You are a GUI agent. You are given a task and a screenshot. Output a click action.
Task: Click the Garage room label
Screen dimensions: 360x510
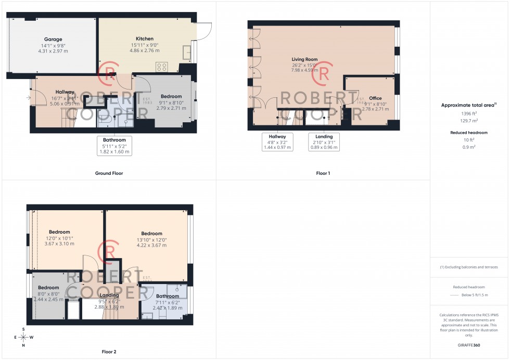[x=53, y=40]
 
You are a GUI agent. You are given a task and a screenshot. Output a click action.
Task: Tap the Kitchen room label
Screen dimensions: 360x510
[x=145, y=39]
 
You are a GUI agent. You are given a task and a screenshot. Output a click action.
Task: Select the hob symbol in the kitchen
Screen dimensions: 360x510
[x=162, y=67]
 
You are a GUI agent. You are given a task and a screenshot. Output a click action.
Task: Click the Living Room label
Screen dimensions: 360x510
[x=304, y=60]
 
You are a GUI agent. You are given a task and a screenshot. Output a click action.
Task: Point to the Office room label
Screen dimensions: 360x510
[x=375, y=98]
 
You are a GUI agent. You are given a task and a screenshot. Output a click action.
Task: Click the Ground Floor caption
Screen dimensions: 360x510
[x=109, y=173]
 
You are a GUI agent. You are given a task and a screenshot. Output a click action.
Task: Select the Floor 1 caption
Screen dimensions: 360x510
[x=323, y=173]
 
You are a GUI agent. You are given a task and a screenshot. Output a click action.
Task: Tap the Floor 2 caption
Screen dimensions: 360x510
[x=108, y=352]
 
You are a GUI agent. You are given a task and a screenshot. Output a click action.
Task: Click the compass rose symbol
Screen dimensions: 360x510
[x=23, y=338]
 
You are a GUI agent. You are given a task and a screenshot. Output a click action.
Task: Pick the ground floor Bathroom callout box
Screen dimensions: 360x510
[x=114, y=146]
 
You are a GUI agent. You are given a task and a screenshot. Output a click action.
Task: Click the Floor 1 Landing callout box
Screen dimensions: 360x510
[x=324, y=142]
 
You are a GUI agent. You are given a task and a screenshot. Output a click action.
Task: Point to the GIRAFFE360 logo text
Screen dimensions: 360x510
[x=469, y=344]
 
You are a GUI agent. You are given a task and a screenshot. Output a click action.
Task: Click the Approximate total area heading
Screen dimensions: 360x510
[x=468, y=105]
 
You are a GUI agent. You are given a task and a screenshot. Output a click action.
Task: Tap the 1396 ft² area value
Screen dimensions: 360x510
[x=469, y=113]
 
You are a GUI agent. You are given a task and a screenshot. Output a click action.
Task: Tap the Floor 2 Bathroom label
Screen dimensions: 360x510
[x=167, y=297]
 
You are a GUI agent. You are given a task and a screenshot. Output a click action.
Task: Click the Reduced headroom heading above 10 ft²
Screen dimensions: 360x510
[x=469, y=133]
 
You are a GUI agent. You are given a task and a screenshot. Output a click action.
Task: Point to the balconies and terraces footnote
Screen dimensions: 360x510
[x=469, y=267]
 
